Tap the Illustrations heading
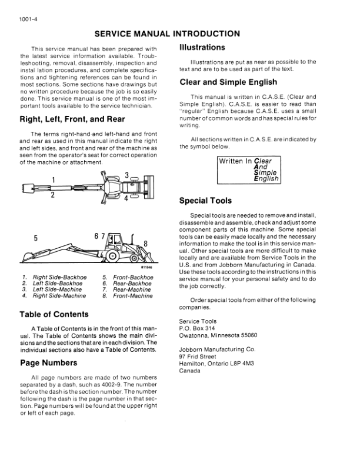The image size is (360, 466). click(x=202, y=46)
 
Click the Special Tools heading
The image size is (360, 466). click(x=205, y=201)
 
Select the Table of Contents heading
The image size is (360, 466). click(x=54, y=314)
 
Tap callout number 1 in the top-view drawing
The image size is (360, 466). click(x=54, y=179)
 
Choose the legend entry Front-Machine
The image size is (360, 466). click(x=132, y=296)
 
